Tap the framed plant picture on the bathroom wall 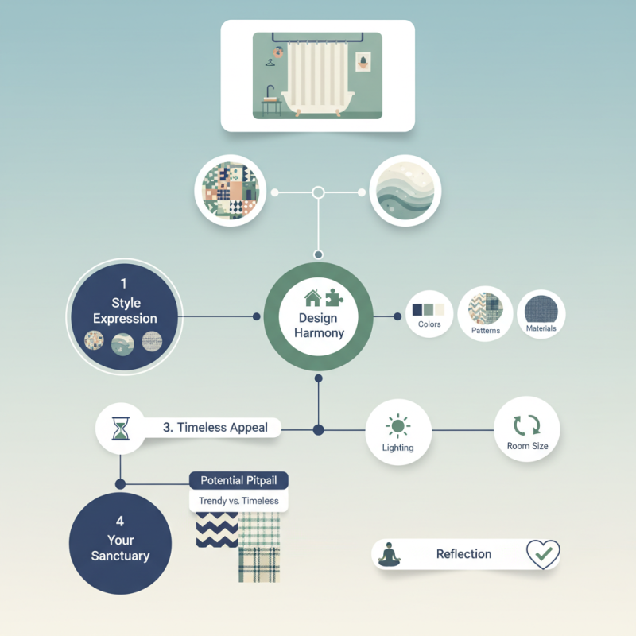pyautogui.click(x=363, y=63)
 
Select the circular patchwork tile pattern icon pyautogui.click(x=227, y=190)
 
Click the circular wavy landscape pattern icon pyautogui.click(x=405, y=190)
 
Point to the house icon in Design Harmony pyautogui.click(x=312, y=298)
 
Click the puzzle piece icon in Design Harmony pyautogui.click(x=334, y=298)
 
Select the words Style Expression pyautogui.click(x=125, y=311)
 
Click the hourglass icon pyautogui.click(x=120, y=428)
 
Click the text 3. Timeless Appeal pyautogui.click(x=215, y=427)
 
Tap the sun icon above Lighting pyautogui.click(x=397, y=427)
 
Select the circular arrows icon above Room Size pyautogui.click(x=527, y=425)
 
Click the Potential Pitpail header pyautogui.click(x=238, y=480)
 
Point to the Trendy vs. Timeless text pyautogui.click(x=238, y=501)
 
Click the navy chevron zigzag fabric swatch pyautogui.click(x=217, y=529)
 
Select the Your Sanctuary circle pyautogui.click(x=120, y=542)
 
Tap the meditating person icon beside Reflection pyautogui.click(x=390, y=553)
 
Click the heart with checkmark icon pyautogui.click(x=543, y=553)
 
